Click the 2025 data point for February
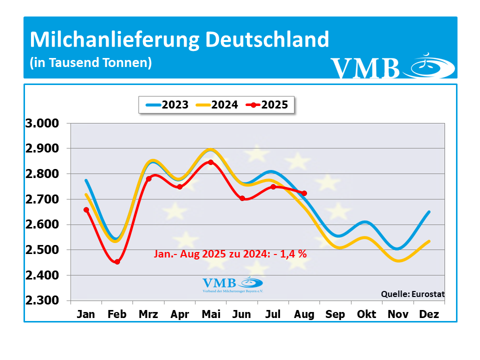[x=117, y=261]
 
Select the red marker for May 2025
[x=210, y=162]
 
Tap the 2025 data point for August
[x=304, y=193]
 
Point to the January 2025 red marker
[x=86, y=209]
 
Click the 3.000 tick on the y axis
[x=41, y=123]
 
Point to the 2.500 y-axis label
[x=41, y=250]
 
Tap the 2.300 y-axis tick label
[x=41, y=300]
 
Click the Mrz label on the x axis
[x=148, y=314]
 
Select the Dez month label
[x=429, y=314]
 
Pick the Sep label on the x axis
[x=335, y=314]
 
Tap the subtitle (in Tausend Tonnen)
[x=90, y=63]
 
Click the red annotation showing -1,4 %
[x=229, y=253]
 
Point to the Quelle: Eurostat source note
[x=412, y=294]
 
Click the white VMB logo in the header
[x=392, y=67]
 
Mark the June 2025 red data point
[x=242, y=198]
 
